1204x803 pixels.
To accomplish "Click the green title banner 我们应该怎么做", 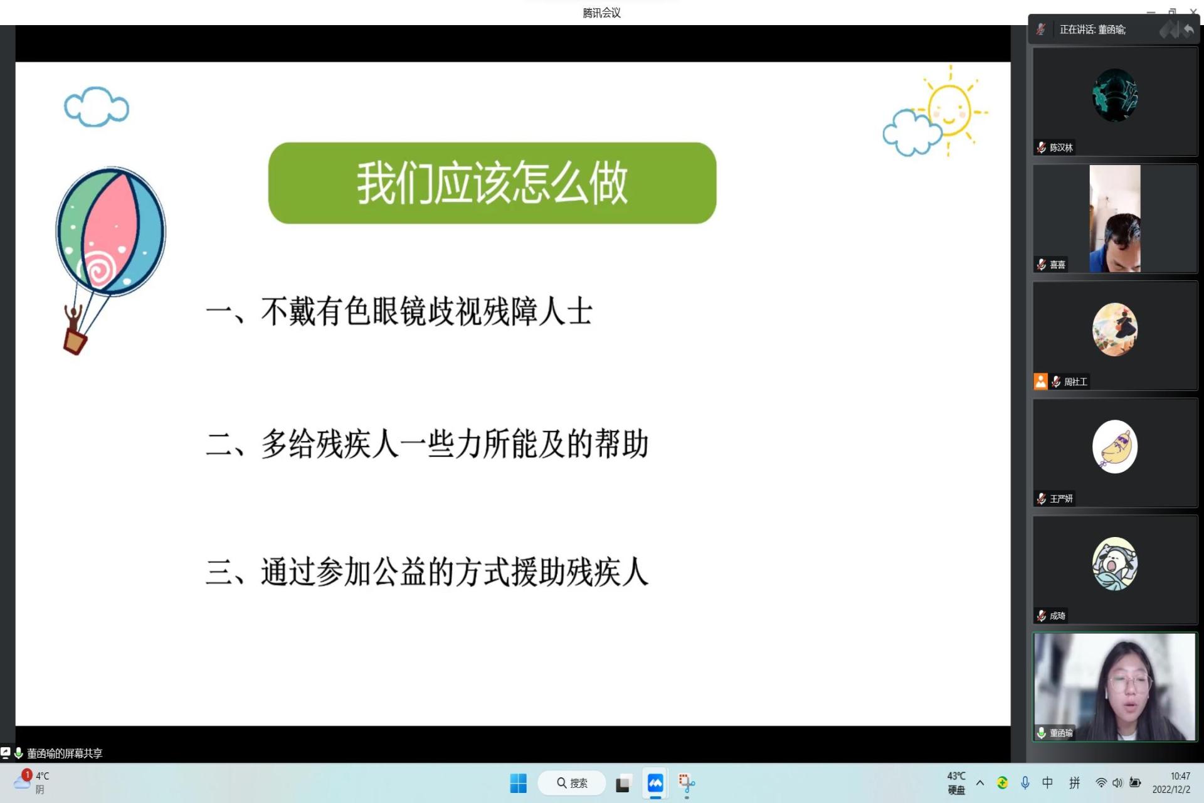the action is pos(492,183).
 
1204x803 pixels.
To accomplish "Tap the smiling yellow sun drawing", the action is pos(949,110).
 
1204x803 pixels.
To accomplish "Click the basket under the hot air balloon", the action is pos(75,342).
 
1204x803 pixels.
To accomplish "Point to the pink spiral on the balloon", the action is pos(98,269).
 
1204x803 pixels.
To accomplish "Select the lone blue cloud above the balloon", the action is pos(97,107).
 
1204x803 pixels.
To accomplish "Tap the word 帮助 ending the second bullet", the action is pos(621,444).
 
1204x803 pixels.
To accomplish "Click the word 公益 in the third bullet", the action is pos(399,572).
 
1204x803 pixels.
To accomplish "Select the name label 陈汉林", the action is pos(1061,147).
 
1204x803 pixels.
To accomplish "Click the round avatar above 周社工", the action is pos(1114,329).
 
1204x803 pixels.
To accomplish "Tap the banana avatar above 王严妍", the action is pos(1114,447).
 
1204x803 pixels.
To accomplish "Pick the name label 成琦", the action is pos(1057,615).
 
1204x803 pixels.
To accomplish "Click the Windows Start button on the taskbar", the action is pos(518,783).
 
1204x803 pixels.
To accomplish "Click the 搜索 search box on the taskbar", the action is pos(572,783).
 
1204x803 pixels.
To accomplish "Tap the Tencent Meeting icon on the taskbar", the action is pos(655,783).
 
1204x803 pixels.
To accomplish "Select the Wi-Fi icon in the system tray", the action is pos(1101,783).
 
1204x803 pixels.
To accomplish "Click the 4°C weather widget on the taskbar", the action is pos(31,782).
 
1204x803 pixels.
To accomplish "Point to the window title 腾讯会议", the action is pos(601,13).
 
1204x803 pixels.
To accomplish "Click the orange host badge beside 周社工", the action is pos(1040,381).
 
